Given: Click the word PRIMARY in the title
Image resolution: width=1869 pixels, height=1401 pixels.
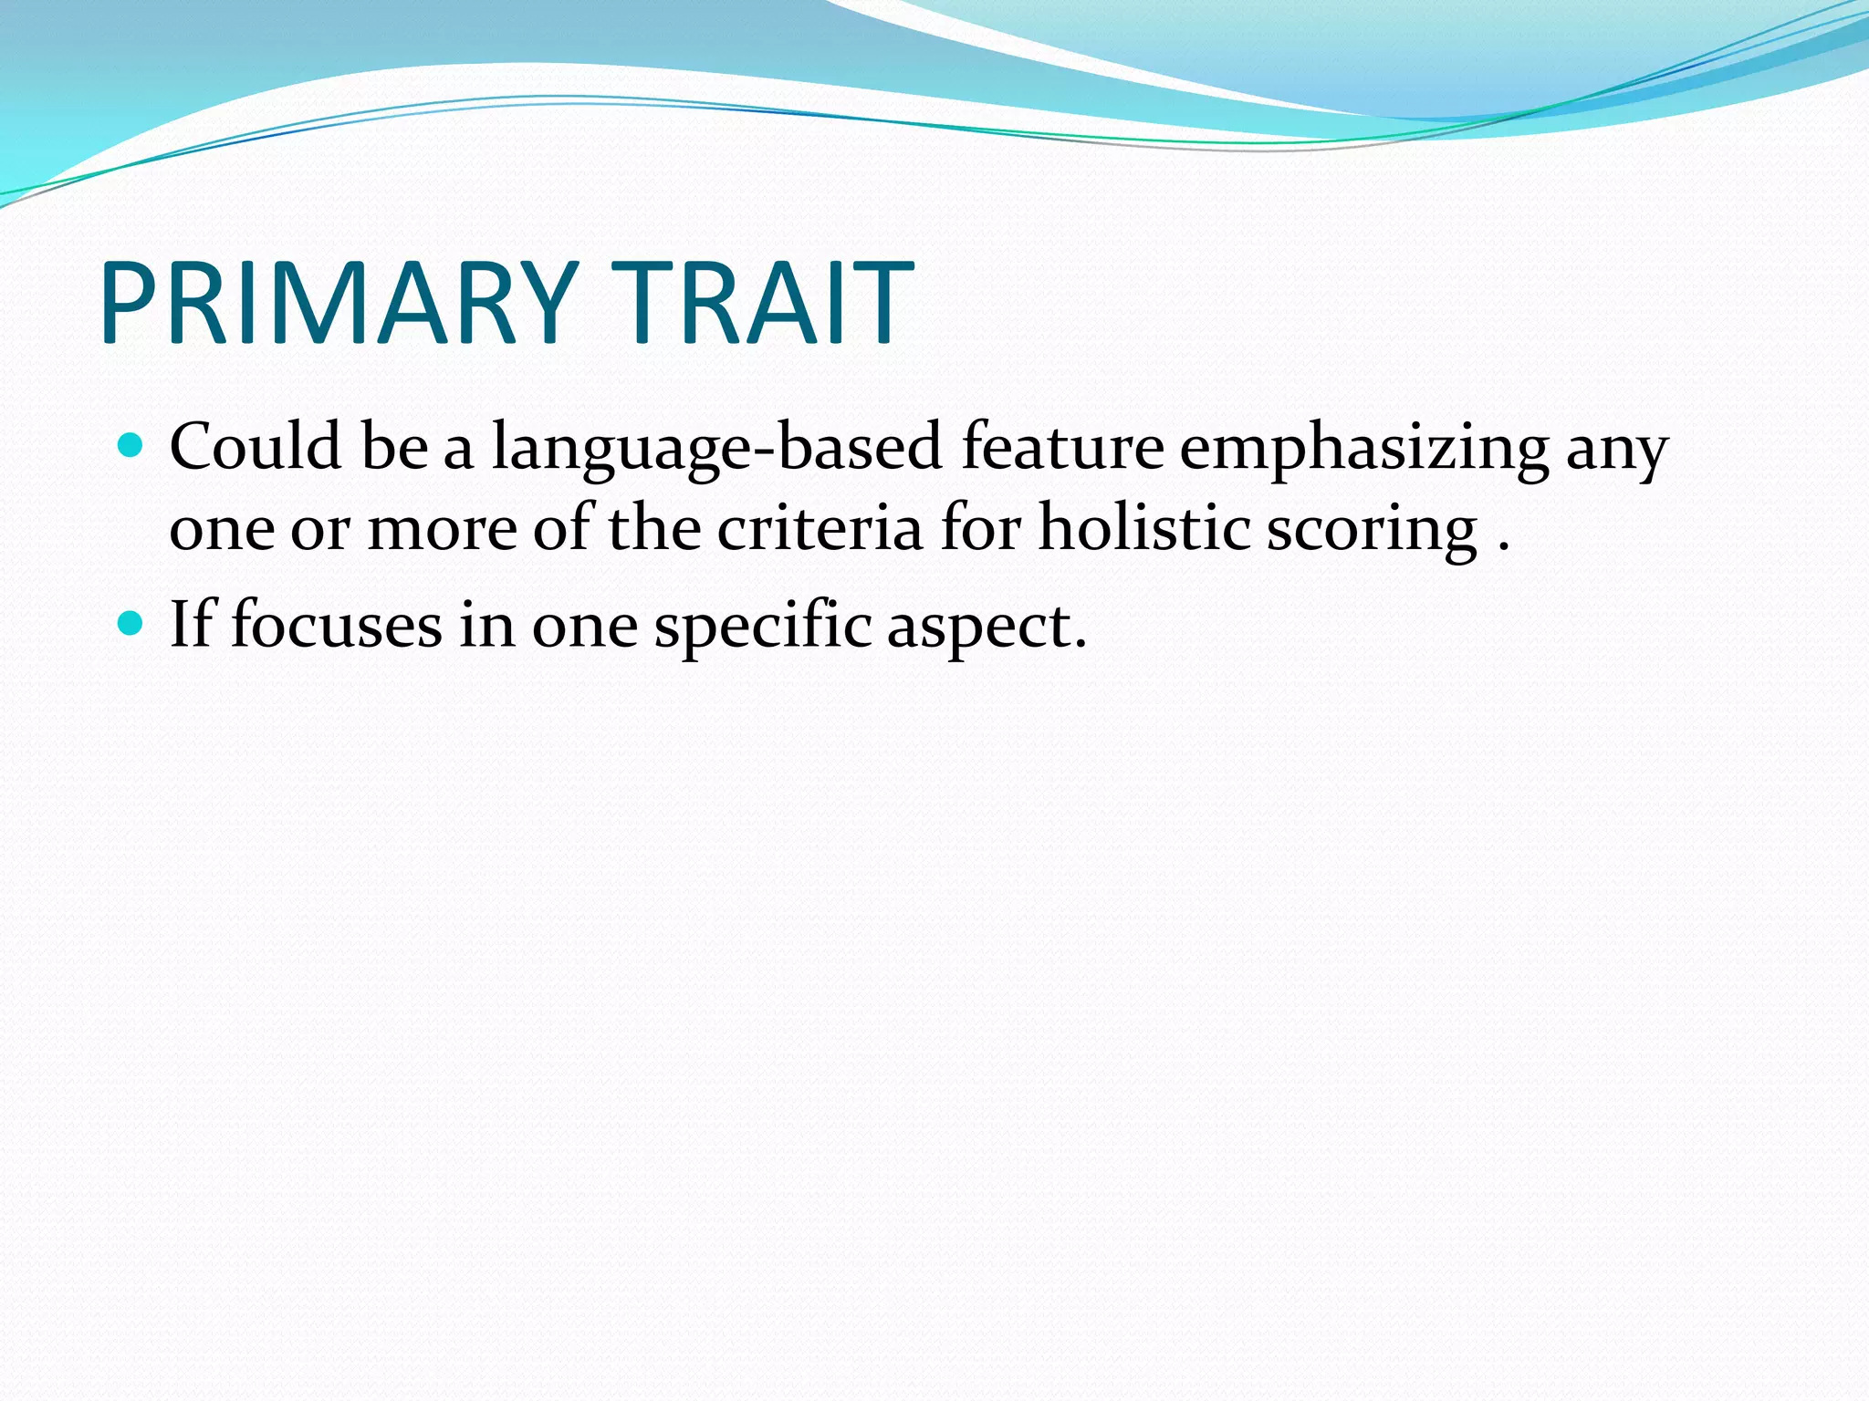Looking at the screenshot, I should (338, 303).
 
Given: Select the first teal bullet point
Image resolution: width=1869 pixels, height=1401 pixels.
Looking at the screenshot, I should (131, 446).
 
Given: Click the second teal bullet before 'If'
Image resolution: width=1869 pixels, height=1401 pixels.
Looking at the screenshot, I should (131, 624).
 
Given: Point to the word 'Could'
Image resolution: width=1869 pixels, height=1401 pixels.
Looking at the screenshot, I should (256, 447).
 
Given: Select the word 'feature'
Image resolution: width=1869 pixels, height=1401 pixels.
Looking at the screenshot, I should (1062, 447).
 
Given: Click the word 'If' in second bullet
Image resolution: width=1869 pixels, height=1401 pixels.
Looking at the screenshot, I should (191, 625).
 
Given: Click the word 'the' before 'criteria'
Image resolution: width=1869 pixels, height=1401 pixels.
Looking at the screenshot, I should (653, 529).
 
